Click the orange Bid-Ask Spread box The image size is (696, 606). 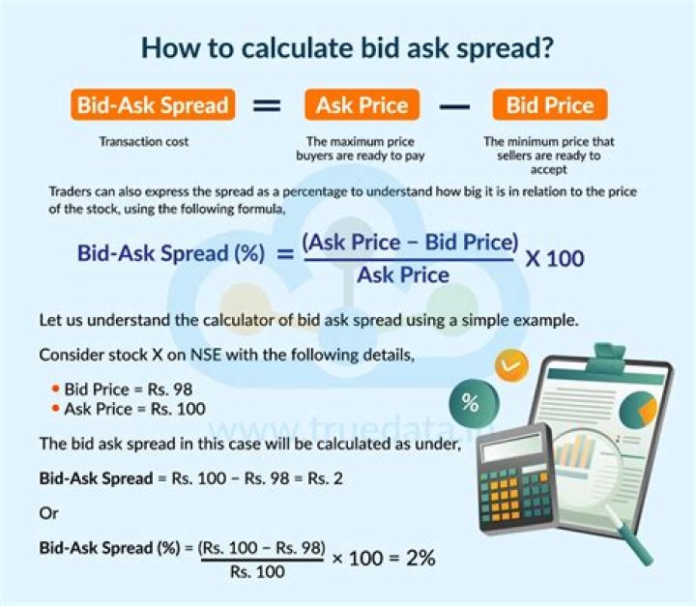[x=153, y=104]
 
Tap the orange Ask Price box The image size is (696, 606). [x=362, y=104]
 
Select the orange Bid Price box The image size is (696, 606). [x=550, y=104]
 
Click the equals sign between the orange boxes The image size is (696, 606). [x=267, y=105]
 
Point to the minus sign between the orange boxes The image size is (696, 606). [x=455, y=106]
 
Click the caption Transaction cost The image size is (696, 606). [x=144, y=142]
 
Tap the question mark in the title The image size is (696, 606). [x=545, y=47]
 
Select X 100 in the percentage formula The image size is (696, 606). [x=555, y=258]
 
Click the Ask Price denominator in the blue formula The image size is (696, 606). [x=403, y=274]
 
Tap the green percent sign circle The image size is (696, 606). [x=474, y=403]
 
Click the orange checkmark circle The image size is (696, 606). [x=511, y=365]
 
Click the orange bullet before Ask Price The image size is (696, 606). [x=55, y=408]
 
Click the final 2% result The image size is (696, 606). [x=420, y=558]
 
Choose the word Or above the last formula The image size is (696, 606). [x=48, y=513]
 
